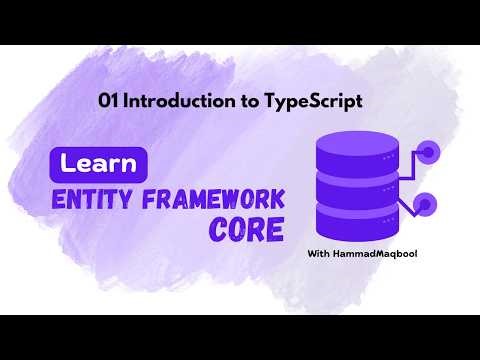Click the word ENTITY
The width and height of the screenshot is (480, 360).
pyautogui.click(x=90, y=197)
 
